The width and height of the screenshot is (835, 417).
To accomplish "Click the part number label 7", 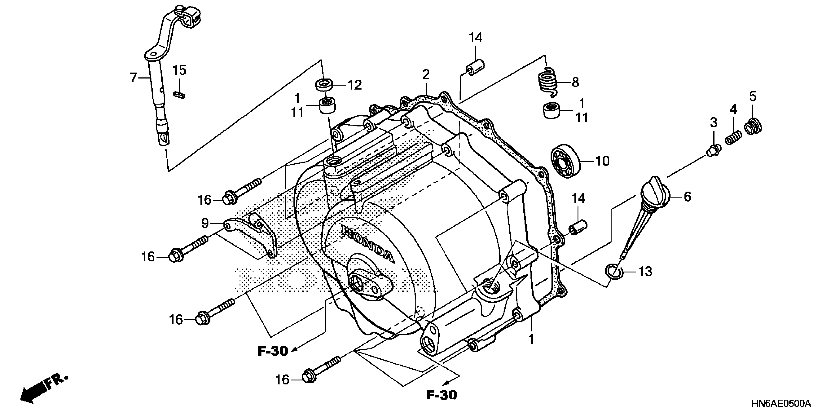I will (x=133, y=78).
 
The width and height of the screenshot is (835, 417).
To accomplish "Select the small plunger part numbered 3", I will (x=713, y=150).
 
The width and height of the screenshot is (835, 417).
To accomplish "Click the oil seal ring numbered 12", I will (x=324, y=85).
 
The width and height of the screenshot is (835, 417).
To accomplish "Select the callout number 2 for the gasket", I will (x=426, y=75).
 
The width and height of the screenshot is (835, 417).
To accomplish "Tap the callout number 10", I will (x=603, y=161).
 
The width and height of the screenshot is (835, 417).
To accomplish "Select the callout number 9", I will (x=205, y=223).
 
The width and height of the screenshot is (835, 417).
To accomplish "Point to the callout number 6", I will (x=687, y=196).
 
